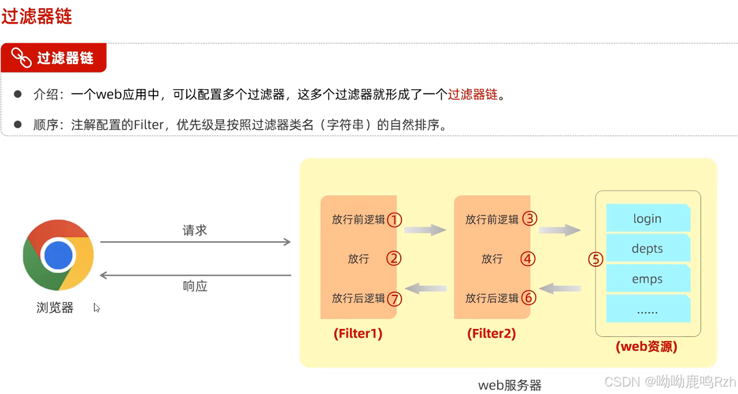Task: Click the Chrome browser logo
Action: point(58,254)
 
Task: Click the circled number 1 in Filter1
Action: point(394,219)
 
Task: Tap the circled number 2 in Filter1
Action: point(394,259)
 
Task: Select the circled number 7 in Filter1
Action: point(394,298)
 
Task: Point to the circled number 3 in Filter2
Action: point(529,219)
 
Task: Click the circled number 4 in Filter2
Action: point(528,259)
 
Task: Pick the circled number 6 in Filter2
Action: point(529,298)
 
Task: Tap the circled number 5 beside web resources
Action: point(596,259)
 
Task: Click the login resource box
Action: point(647,219)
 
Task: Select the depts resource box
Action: point(647,249)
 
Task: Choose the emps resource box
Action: point(647,279)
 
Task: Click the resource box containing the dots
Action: point(647,310)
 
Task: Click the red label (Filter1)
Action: point(358,334)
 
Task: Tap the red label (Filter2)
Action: point(492,334)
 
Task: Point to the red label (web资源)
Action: point(646,347)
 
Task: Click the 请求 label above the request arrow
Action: point(195,230)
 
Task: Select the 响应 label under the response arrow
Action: point(195,286)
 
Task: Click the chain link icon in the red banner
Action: point(22,58)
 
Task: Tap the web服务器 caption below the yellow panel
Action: point(510,385)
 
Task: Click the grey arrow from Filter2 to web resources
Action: point(560,230)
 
